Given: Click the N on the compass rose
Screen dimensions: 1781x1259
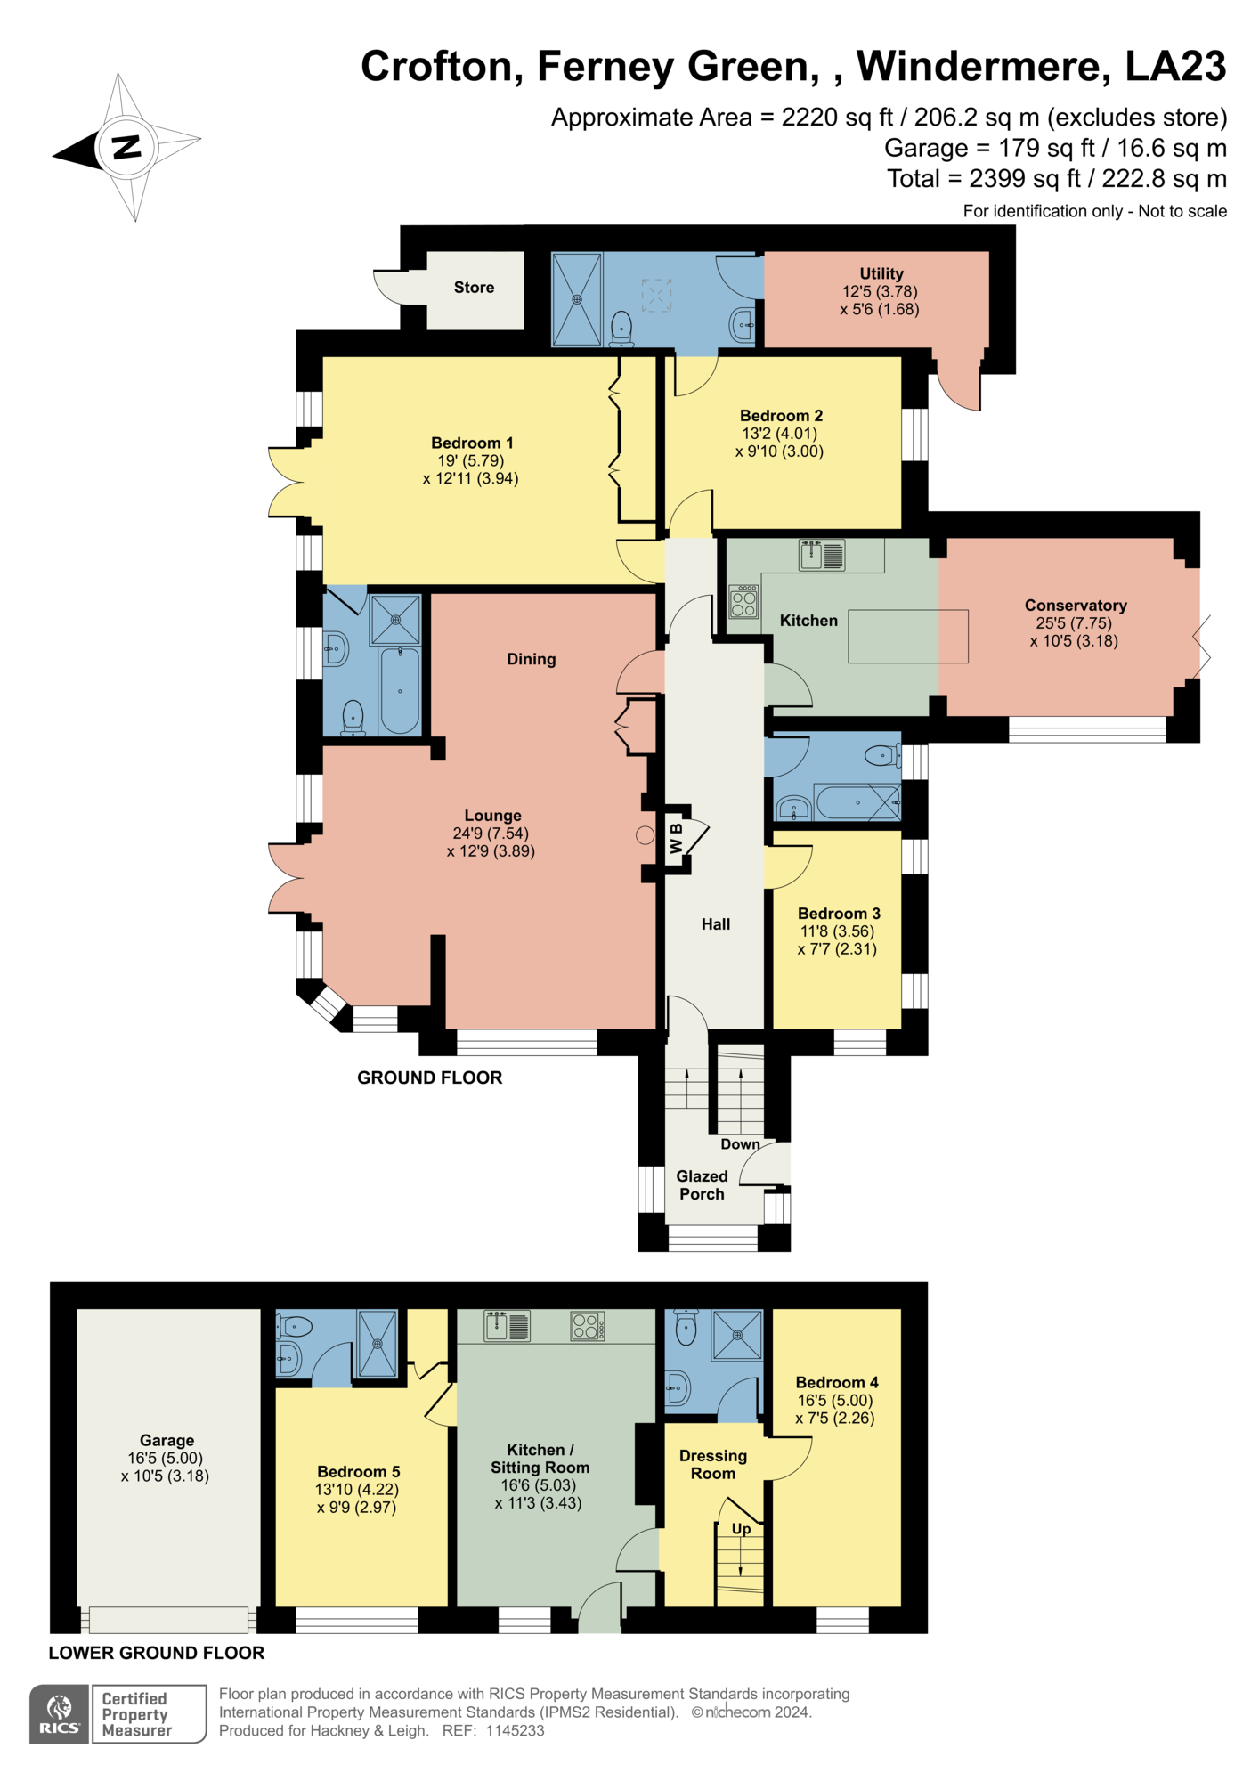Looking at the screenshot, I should coord(127,146).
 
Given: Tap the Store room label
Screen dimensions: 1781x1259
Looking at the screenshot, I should coord(474,288).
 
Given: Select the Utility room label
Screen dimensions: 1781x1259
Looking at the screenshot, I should coord(881,273).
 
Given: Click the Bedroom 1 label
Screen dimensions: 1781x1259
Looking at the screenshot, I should coord(472,443).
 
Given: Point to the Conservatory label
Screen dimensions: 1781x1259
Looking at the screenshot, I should coord(1075,606).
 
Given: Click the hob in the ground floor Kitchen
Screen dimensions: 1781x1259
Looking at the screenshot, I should coord(743,601).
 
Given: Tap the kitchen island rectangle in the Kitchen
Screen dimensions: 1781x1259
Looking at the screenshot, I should coord(907,636).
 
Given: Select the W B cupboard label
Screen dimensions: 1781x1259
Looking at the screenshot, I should coord(677,838).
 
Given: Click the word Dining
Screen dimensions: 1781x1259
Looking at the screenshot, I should coord(531,659).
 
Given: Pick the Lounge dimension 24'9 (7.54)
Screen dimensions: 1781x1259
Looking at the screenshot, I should coord(490,834).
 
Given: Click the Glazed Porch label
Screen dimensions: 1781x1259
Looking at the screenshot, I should coord(702,1185).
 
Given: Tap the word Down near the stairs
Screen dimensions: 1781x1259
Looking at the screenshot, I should coord(740,1144).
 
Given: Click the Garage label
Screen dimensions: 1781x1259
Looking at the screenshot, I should coord(167,1440).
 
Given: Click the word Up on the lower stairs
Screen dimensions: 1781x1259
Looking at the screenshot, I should coord(741,1529).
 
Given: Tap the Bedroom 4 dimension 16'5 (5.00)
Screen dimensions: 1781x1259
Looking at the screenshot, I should coord(834,1400).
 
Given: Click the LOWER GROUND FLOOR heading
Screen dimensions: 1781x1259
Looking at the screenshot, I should coord(157,1653).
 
